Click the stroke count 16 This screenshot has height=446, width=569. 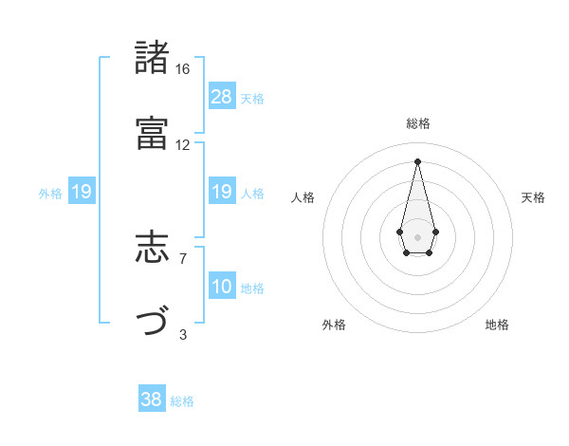183,69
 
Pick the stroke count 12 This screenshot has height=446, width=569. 183,144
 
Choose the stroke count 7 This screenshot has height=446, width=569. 183,258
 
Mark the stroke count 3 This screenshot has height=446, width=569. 183,333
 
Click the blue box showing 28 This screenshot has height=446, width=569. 222,97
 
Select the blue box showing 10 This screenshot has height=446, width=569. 222,287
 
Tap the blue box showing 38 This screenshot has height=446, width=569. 152,400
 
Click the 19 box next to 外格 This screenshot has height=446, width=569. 82,193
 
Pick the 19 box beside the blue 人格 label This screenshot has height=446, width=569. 222,193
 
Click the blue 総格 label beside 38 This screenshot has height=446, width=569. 182,401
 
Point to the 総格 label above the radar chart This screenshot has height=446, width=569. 418,123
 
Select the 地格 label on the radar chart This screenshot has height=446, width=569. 497,325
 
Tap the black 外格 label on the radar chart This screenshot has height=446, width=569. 334,325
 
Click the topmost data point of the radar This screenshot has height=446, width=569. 417,160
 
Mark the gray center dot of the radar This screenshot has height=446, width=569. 417,235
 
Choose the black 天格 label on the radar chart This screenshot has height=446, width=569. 533,197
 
